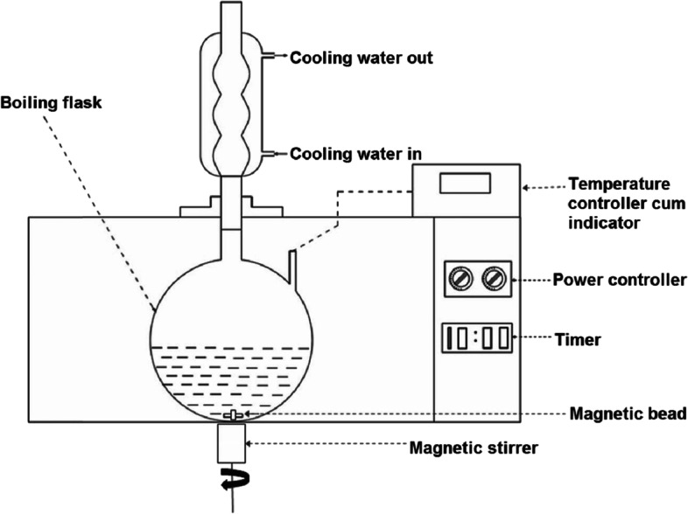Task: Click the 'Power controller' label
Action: (x=620, y=280)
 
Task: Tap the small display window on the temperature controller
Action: (x=465, y=183)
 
